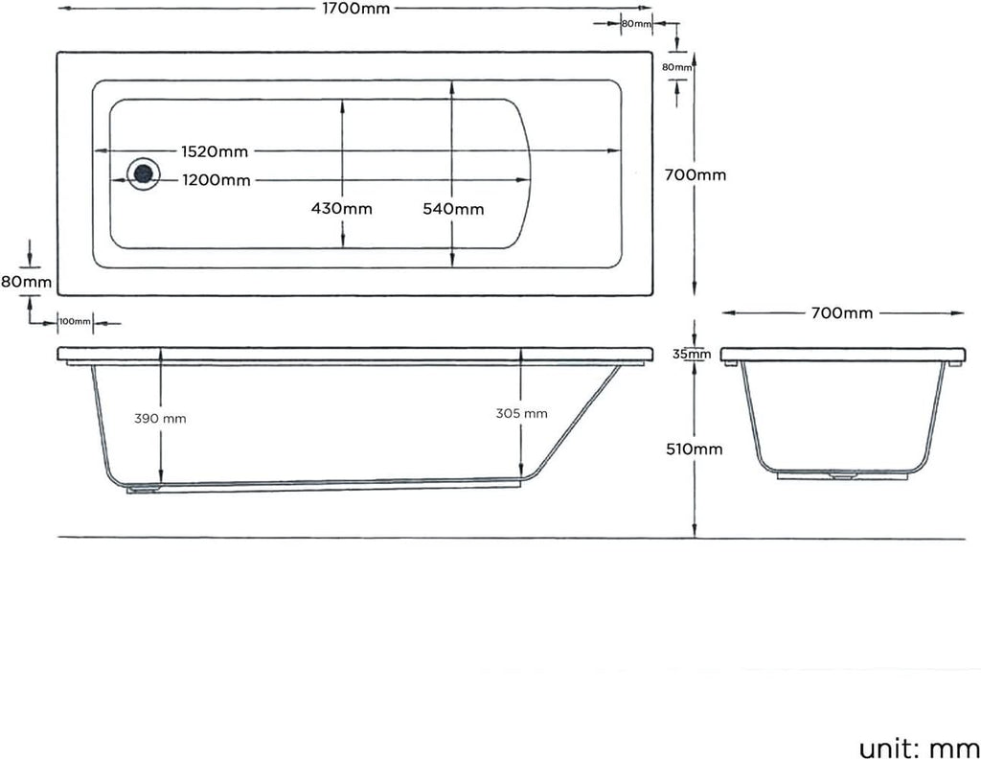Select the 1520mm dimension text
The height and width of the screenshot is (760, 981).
click(215, 151)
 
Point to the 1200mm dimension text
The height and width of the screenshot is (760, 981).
click(217, 180)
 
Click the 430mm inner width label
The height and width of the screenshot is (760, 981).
click(342, 209)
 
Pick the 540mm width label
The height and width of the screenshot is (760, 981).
click(453, 209)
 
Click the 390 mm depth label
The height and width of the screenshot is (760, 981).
click(160, 418)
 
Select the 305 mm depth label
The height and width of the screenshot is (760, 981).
click(522, 413)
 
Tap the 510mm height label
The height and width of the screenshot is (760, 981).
click(696, 449)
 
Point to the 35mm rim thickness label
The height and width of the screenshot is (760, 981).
click(692, 355)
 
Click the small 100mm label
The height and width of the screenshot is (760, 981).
click(75, 322)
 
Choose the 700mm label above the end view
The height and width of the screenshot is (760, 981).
click(842, 313)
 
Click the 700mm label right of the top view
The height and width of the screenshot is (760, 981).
click(696, 175)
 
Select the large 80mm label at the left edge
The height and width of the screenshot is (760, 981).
click(26, 282)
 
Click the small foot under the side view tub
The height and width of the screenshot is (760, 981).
click(145, 489)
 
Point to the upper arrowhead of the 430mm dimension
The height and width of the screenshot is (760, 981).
click(342, 103)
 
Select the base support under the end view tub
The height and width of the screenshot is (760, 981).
click(843, 472)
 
